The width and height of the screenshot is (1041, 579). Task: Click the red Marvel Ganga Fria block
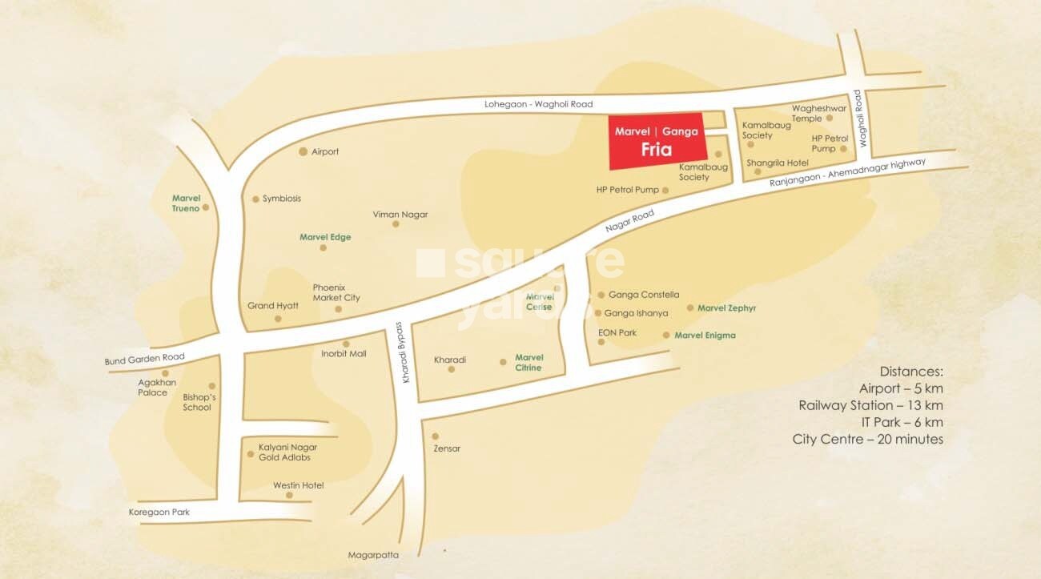[657, 143]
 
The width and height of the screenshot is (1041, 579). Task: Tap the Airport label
[325, 151]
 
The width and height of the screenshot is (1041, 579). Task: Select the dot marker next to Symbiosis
[255, 199]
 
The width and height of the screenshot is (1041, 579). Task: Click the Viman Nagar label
[400, 215]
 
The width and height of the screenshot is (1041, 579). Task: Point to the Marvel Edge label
[325, 237]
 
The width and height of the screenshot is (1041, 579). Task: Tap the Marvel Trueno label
[186, 203]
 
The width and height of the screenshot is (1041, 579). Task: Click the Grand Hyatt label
[273, 306]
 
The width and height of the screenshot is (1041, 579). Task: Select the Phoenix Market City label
[336, 292]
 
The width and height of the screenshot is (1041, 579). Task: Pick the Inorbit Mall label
[344, 353]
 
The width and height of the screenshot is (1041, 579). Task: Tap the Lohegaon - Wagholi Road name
[538, 104]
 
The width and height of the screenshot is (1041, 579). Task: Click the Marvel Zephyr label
[727, 308]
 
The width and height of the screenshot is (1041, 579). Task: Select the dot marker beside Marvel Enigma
[665, 336]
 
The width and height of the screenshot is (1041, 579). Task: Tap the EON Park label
[617, 332]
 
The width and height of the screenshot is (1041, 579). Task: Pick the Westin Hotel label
[298, 485]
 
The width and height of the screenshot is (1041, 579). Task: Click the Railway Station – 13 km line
[870, 405]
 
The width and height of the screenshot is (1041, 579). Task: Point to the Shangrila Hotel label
[778, 163]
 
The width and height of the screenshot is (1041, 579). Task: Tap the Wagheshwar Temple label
[818, 113]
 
